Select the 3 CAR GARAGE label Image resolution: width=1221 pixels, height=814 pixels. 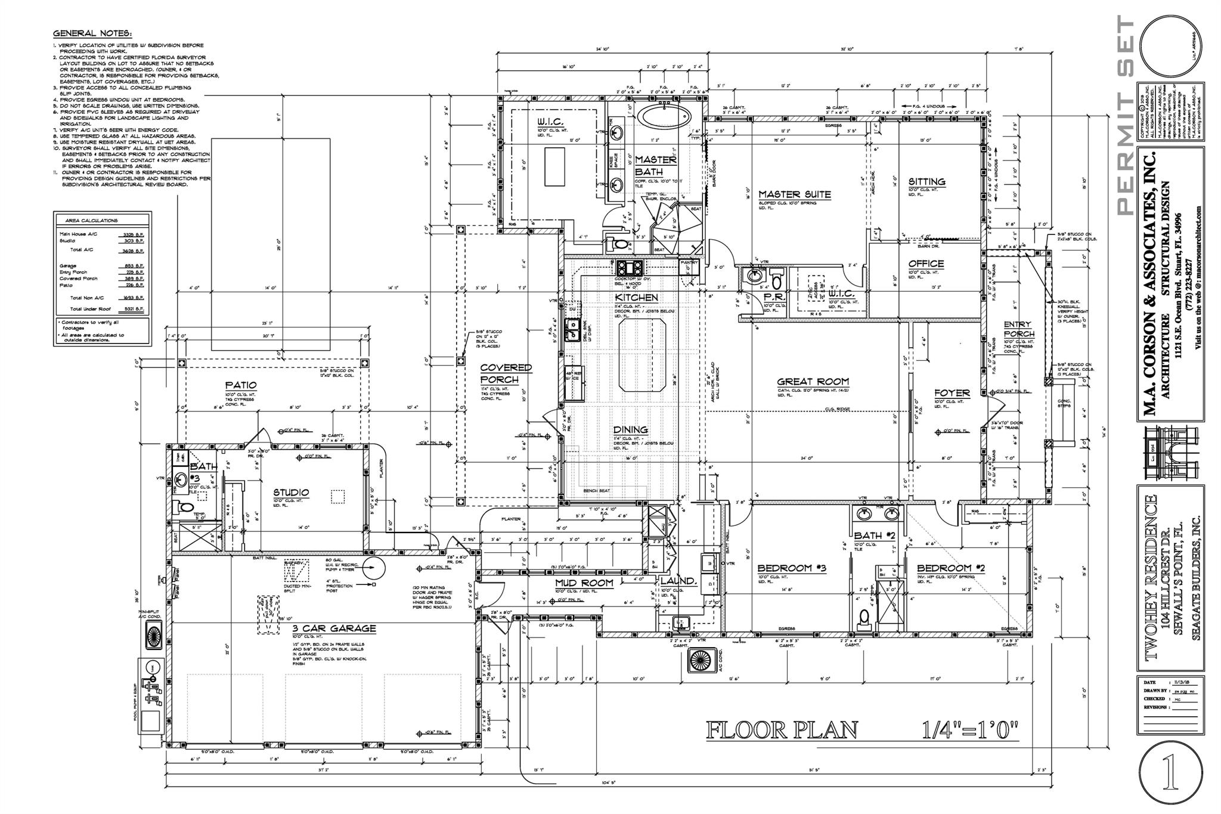334,629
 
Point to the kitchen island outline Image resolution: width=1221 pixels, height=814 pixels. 643,354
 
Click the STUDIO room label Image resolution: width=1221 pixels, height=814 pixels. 292,493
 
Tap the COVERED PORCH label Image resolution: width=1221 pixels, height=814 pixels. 506,374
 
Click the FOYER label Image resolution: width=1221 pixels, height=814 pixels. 952,394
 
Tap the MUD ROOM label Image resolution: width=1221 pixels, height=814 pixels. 584,583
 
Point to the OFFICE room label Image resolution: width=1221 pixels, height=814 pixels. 925,264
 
